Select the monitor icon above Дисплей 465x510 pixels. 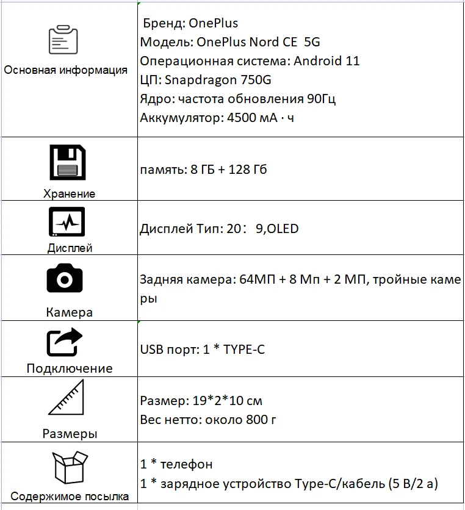(x=67, y=223)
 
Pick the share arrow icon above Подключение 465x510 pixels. (x=64, y=342)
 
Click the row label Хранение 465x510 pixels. (x=70, y=194)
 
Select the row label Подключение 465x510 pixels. (x=70, y=368)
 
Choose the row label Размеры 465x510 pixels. (x=70, y=434)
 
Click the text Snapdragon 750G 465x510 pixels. (x=232, y=80)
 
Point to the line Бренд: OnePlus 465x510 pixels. (x=190, y=24)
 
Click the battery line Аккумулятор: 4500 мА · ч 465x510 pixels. (x=217, y=118)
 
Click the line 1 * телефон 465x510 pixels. (x=176, y=464)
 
